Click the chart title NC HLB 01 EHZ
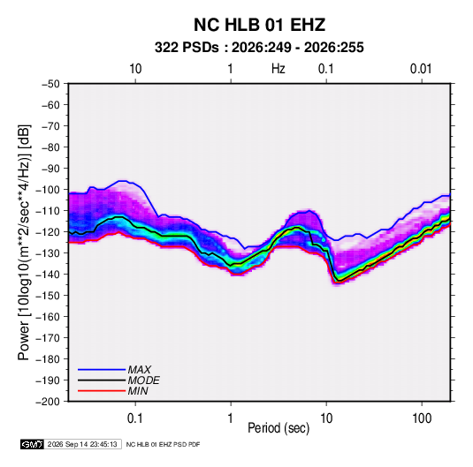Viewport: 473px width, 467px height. (x=259, y=25)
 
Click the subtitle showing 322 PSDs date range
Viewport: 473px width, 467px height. (x=259, y=48)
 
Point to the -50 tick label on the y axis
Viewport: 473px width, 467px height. (x=50, y=84)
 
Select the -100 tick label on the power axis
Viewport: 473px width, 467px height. (x=48, y=190)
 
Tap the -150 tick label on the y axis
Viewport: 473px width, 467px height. (x=48, y=296)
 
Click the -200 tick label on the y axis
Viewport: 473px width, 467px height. (x=48, y=402)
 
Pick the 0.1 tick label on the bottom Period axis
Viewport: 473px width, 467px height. (x=135, y=418)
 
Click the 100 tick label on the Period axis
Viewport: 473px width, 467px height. (x=422, y=418)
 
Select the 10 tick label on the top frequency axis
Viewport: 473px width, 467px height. (x=135, y=69)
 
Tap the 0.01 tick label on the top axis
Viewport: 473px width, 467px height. (x=421, y=69)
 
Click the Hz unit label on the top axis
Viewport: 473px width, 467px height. (x=278, y=69)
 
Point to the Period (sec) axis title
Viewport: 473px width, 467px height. (x=278, y=428)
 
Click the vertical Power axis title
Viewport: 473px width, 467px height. (x=24, y=243)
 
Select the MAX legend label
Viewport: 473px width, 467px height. (x=140, y=370)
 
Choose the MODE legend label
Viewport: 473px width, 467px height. (x=143, y=380)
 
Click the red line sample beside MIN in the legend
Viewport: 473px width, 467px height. (x=102, y=391)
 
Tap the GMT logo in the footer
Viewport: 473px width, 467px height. (x=33, y=444)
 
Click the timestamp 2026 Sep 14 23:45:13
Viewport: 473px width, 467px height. (x=82, y=444)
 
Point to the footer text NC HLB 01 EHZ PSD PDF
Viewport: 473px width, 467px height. (x=163, y=445)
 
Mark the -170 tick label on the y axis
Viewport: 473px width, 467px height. (x=48, y=338)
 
